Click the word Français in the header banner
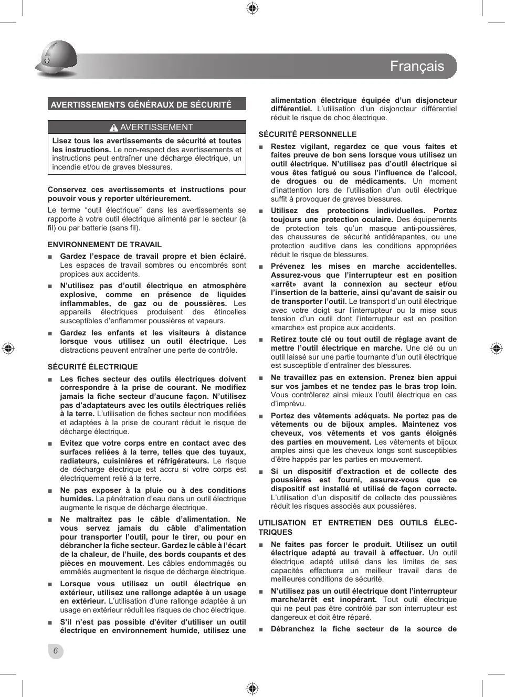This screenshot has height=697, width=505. pos(417,67)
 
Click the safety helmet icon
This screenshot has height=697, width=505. pos(56,59)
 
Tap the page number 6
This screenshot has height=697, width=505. pos(55,651)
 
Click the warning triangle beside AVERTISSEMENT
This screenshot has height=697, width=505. pos(114,128)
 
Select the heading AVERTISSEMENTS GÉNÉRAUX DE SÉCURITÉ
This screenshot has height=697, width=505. pos(141,104)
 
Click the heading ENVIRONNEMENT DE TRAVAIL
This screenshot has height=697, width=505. pos(104,245)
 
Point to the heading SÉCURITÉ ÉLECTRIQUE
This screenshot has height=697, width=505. pos(93,367)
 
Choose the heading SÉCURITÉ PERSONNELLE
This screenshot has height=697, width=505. pos(307,134)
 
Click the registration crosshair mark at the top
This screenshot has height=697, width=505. pos(252,8)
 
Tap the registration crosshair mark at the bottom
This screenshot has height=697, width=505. pos(252,689)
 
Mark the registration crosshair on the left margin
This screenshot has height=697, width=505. pos(8,348)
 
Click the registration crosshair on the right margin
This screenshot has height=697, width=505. pos(496,348)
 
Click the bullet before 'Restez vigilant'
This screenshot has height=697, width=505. pos(261,147)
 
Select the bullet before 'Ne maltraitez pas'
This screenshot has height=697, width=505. pos(50,520)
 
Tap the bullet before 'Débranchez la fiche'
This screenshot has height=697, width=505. pos(261,629)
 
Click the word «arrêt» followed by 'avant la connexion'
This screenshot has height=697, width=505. pos(283,284)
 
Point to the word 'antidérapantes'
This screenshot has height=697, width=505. pos(400,237)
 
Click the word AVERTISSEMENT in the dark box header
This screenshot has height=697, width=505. pos(156,127)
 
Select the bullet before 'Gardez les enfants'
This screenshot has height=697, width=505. pos(50,333)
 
